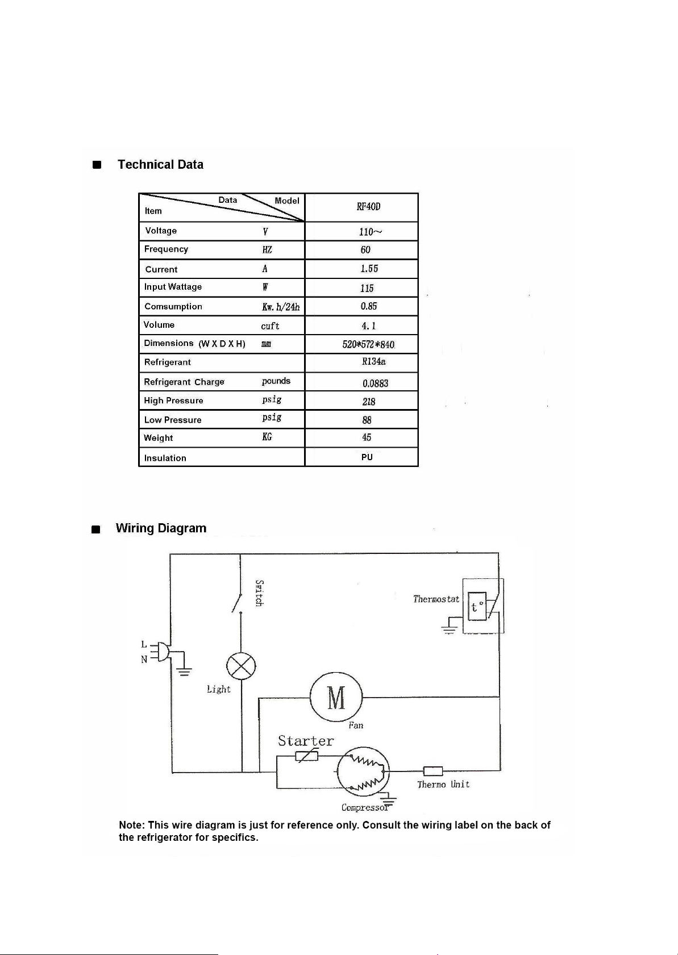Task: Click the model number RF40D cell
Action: coord(368,207)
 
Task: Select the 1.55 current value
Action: coord(369,269)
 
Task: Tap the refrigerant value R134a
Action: coord(374,361)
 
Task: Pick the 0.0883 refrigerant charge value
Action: coord(375,383)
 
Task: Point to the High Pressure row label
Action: coord(173,401)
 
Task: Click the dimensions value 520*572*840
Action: coord(368,344)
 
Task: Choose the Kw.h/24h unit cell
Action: coord(281,307)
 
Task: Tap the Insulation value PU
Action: coord(367,457)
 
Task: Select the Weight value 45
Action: coord(367,437)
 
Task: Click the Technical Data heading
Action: coord(160,165)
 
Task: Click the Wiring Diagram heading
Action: coord(161,528)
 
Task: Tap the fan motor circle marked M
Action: coord(336,698)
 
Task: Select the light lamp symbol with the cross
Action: coord(241,666)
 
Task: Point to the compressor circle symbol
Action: coord(363,771)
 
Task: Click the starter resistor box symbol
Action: coord(306,756)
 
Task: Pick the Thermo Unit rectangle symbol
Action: coord(433,771)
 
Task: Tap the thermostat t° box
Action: coord(477,606)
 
